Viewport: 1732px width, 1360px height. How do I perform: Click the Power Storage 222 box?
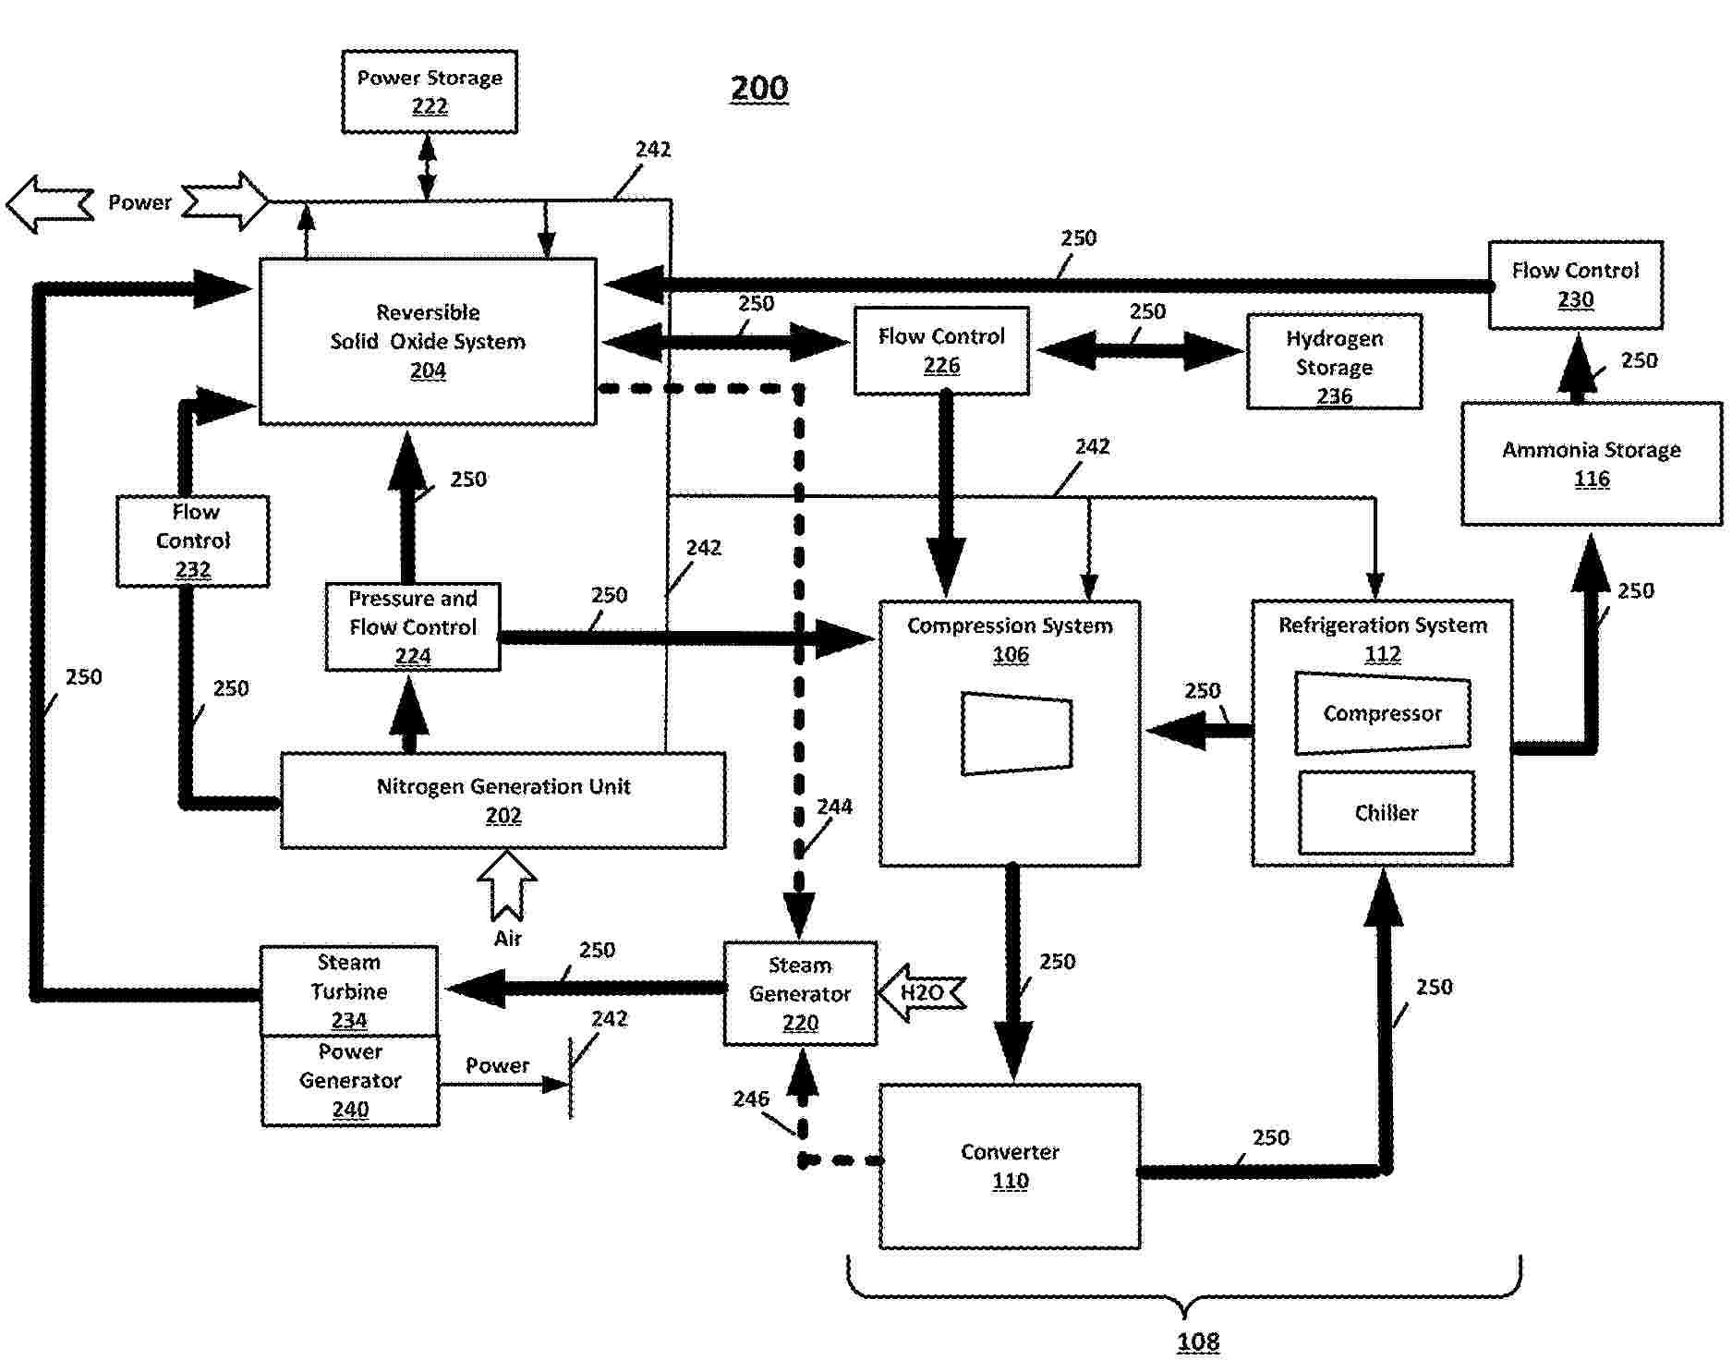point(430,91)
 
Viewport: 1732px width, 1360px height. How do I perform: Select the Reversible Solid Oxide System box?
point(428,341)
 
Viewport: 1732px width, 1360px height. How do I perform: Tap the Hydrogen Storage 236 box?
point(1334,362)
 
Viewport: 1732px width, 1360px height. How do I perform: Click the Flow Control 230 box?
point(1575,285)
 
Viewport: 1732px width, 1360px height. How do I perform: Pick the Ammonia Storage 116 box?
point(1591,464)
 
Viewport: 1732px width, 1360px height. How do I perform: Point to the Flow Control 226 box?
point(941,351)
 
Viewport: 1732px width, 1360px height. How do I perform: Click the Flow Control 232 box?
point(192,540)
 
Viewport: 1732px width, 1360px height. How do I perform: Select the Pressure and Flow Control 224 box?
point(413,626)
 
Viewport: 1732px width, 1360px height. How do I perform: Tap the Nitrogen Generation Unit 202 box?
point(503,800)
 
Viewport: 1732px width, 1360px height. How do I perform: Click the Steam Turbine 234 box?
point(349,990)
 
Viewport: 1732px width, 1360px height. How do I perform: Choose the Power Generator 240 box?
point(350,1080)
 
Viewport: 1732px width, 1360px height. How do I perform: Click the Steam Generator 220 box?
point(800,993)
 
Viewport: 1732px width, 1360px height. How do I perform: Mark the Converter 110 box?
point(1010,1166)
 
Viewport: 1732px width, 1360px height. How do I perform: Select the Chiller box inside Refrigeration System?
point(1386,813)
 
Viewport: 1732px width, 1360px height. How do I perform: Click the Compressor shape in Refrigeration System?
point(1382,713)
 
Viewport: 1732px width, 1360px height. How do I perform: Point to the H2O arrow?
point(921,993)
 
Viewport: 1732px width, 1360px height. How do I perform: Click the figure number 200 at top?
point(759,89)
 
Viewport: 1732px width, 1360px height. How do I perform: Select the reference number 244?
point(834,807)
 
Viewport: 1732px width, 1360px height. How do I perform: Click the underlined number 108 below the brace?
point(1198,1342)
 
